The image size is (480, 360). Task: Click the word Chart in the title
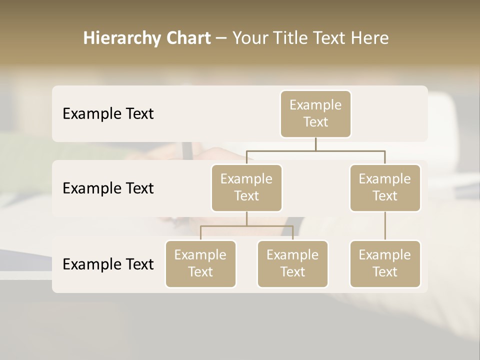tap(188, 38)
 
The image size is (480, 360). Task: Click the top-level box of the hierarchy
tap(315, 113)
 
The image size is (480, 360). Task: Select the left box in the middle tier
tap(246, 187)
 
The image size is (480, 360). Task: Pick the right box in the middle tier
tap(385, 187)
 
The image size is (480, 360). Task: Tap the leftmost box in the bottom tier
tap(200, 263)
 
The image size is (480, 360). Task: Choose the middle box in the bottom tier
tap(292, 263)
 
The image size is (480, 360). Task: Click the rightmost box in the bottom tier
tap(385, 263)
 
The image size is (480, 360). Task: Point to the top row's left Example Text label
tap(108, 113)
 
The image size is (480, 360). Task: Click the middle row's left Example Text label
tap(108, 188)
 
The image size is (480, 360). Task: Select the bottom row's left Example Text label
tap(108, 264)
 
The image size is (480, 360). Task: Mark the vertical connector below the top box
tap(315, 144)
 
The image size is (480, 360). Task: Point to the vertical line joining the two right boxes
tap(385, 226)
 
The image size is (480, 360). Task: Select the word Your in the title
tap(250, 38)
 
